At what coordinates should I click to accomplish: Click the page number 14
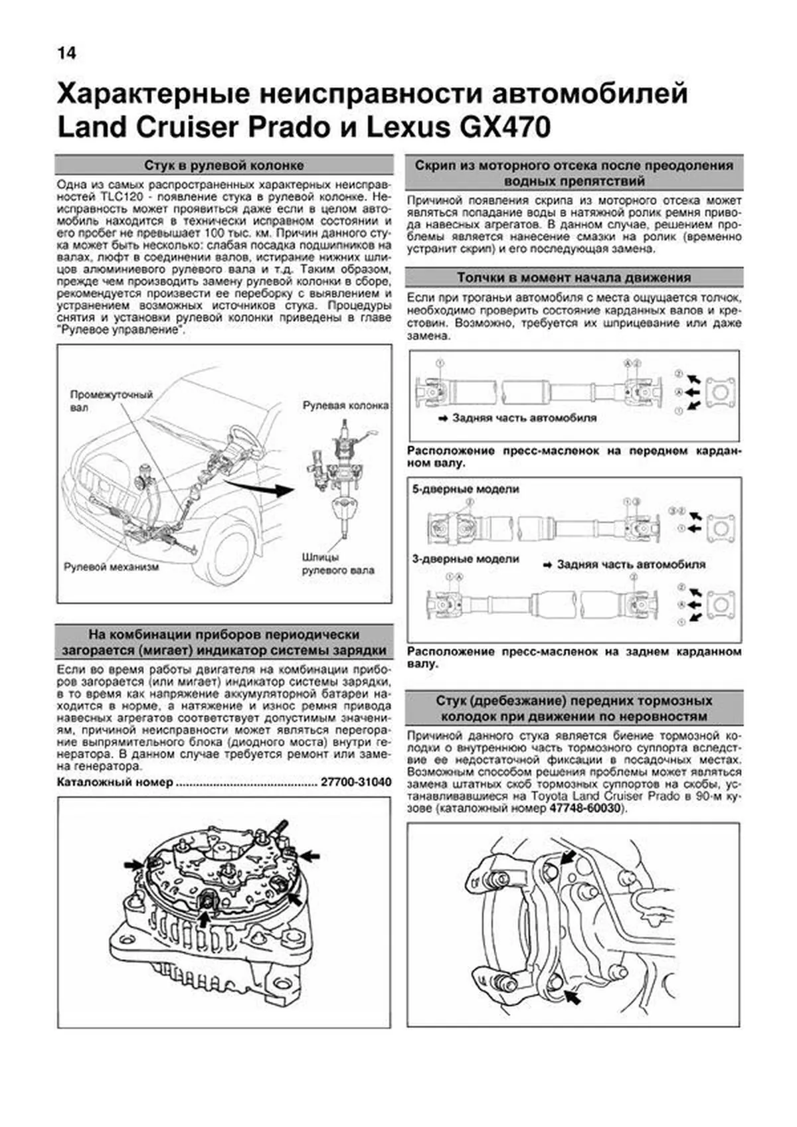67,52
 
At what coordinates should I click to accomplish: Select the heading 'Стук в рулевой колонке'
224,165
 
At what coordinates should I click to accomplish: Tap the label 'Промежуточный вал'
112,401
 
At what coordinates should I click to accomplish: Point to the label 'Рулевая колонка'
345,405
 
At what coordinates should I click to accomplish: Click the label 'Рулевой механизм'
111,567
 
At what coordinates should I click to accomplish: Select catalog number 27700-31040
355,783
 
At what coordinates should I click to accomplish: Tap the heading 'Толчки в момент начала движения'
573,277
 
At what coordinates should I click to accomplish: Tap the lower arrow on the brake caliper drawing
570,996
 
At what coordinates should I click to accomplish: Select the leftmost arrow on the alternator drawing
132,865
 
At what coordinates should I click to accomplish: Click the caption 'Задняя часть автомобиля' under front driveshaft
524,418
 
